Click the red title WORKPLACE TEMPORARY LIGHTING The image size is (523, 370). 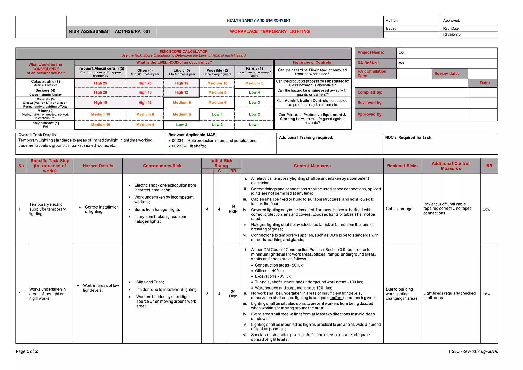pyautogui.click(x=269, y=31)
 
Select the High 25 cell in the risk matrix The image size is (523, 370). pyautogui.click(x=100, y=83)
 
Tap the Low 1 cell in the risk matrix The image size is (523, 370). pyautogui.click(x=254, y=125)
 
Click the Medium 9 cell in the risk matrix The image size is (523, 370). pyautogui.click(x=182, y=102)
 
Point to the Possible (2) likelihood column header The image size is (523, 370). pyautogui.click(x=217, y=72)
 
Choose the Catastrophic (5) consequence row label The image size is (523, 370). pyautogui.click(x=45, y=83)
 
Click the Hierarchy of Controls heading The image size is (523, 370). pyautogui.click(x=312, y=62)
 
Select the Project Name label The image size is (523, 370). pyautogui.click(x=371, y=52)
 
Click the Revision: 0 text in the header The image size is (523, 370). pyautogui.click(x=452, y=34)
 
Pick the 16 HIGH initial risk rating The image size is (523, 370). pyautogui.click(x=233, y=209)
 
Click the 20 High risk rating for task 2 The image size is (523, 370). pyautogui.click(x=233, y=294)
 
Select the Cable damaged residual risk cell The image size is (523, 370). pyautogui.click(x=400, y=209)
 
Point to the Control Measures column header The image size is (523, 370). pyautogui.click(x=312, y=166)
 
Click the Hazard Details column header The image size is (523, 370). pyautogui.click(x=98, y=166)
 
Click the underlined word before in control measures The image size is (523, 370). pyautogui.click(x=336, y=298)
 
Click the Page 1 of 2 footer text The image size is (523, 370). pyautogui.click(x=27, y=351)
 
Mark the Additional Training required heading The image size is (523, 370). pyautogui.click(x=306, y=137)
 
